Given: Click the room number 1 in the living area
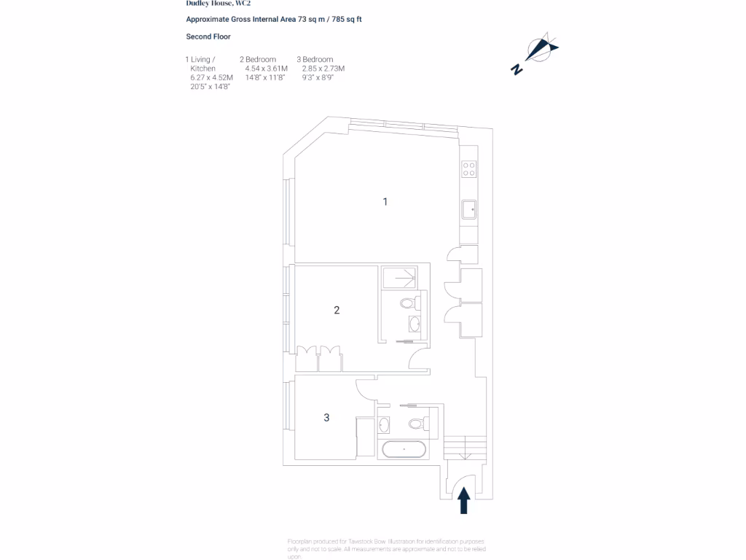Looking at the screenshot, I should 385,202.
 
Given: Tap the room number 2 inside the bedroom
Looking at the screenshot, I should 337,310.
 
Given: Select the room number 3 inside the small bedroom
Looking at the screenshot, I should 326,418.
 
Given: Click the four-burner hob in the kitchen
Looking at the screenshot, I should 469,170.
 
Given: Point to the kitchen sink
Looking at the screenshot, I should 469,210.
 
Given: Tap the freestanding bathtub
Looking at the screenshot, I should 404,449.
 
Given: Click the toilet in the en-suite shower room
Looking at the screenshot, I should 409,303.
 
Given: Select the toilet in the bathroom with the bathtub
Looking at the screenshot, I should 417,422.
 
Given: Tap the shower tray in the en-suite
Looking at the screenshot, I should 398,278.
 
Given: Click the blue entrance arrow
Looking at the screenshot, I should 463,502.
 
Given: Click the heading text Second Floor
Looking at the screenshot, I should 208,36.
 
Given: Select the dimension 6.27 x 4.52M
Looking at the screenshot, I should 211,77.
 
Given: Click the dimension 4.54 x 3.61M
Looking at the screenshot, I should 267,69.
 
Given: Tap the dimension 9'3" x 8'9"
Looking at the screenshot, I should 318,77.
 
